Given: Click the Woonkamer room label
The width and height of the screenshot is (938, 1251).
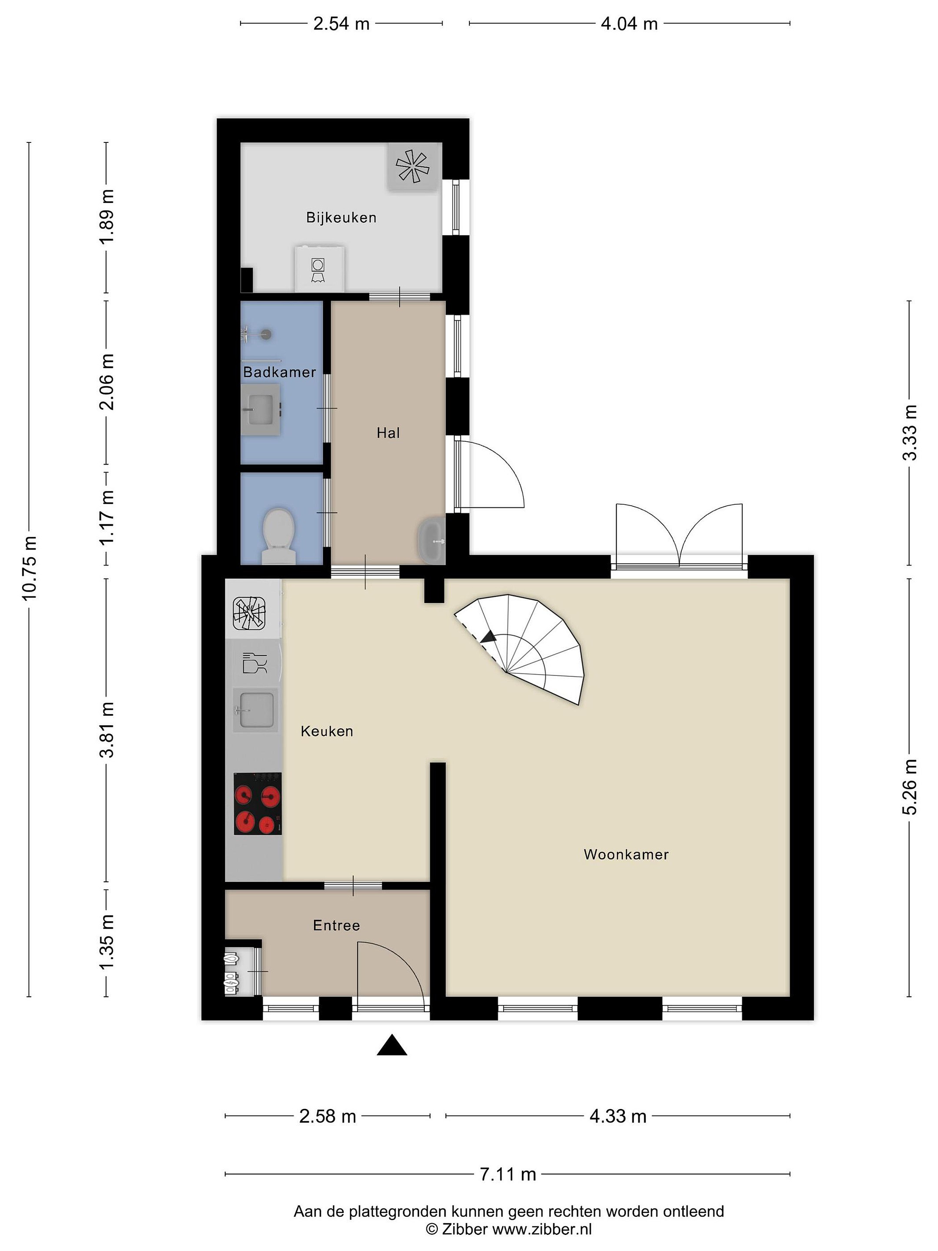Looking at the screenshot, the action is pyautogui.click(x=626, y=854).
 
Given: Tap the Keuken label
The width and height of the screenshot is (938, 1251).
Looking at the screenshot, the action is pyautogui.click(x=327, y=731).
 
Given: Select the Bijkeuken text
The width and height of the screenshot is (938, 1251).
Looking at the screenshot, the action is pyautogui.click(x=341, y=218).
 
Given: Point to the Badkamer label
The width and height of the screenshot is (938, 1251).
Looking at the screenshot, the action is pyautogui.click(x=279, y=372).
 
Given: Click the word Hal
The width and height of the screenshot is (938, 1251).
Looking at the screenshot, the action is pyautogui.click(x=388, y=433).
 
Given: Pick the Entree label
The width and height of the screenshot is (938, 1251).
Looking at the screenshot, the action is pyautogui.click(x=337, y=926).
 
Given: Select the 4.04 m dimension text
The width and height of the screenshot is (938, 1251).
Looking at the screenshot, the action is pyautogui.click(x=629, y=24).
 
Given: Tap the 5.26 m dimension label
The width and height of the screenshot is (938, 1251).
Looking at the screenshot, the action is pyautogui.click(x=909, y=787).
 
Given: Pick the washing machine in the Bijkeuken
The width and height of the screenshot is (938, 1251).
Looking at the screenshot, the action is pyautogui.click(x=319, y=268).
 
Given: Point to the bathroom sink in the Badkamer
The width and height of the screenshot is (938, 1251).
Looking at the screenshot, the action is pyautogui.click(x=261, y=410).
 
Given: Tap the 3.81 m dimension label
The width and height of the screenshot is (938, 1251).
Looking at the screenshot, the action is pyautogui.click(x=107, y=730).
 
